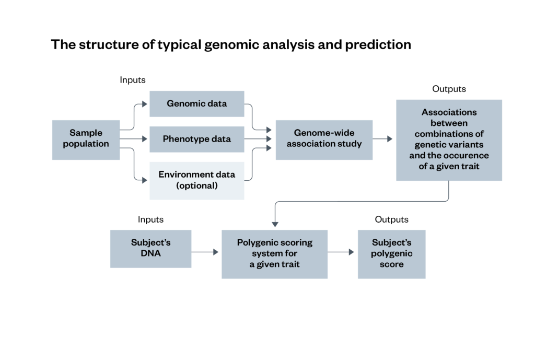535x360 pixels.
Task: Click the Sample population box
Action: click(x=86, y=139)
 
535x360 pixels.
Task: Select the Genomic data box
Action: click(x=196, y=103)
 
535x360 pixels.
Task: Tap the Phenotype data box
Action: click(x=196, y=139)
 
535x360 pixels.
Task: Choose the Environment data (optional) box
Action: click(x=196, y=180)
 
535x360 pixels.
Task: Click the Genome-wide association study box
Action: click(x=323, y=139)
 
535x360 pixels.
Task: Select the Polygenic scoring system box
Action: click(x=274, y=253)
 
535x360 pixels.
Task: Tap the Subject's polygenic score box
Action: click(x=391, y=253)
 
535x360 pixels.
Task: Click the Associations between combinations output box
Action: click(x=448, y=140)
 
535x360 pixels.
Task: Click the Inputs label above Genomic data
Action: click(x=132, y=80)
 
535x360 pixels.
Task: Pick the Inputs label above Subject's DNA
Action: click(x=150, y=219)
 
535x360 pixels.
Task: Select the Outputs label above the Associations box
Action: click(x=448, y=89)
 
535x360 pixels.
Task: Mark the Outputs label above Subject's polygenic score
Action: click(x=391, y=219)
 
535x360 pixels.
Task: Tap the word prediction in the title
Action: click(x=378, y=45)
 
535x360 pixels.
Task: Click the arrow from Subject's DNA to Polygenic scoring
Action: click(x=205, y=252)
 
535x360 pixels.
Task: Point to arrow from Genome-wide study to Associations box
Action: click(x=383, y=139)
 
